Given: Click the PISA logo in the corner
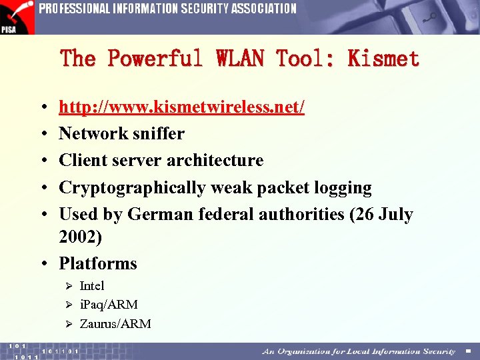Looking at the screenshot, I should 17,17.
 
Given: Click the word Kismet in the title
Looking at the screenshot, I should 383,59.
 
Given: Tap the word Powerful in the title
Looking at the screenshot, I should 155,59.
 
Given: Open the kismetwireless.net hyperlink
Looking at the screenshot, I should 181,107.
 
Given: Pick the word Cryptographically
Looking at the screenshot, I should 133,188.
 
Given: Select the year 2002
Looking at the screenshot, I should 80,237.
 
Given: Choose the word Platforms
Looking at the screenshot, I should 98,264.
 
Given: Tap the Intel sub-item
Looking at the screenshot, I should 92,286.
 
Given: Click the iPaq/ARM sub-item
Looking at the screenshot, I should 109,305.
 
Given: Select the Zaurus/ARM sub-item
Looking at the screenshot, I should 115,324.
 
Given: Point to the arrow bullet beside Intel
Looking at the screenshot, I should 67,286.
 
